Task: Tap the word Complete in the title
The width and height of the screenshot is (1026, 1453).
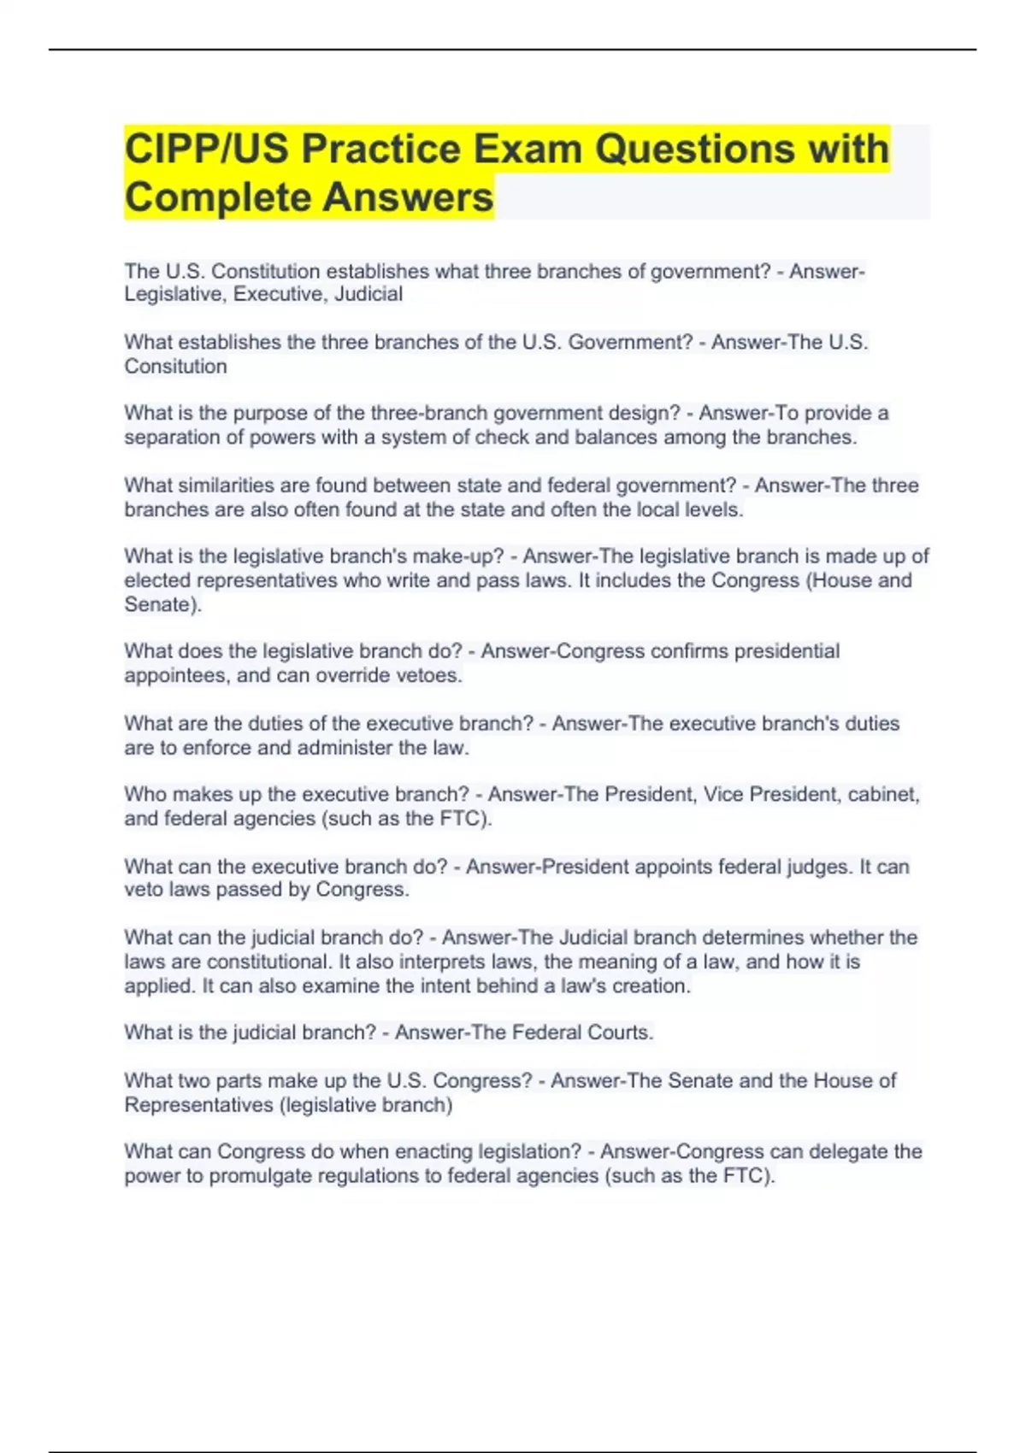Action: click(x=218, y=197)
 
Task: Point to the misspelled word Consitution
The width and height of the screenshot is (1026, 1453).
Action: click(x=175, y=367)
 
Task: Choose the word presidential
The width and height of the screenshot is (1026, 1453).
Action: click(x=787, y=651)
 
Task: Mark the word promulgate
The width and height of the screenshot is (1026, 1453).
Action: click(x=260, y=1176)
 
